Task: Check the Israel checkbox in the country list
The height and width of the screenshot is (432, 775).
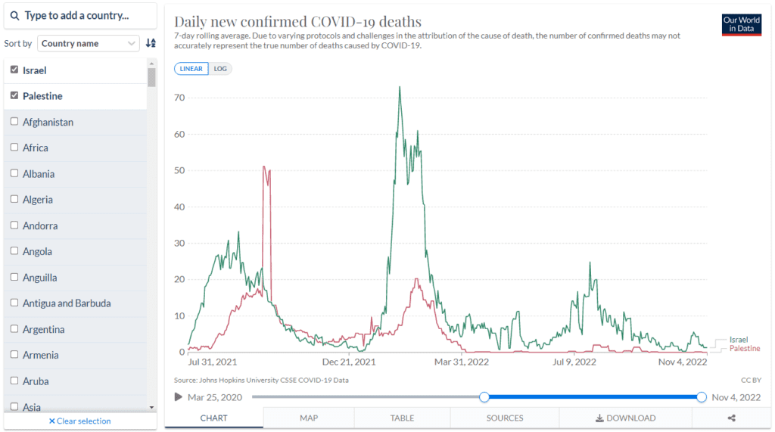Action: (x=14, y=70)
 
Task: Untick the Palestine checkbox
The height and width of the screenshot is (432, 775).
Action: (x=14, y=96)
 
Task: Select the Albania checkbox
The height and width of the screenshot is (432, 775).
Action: (x=14, y=173)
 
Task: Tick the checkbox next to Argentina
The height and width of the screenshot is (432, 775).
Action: (x=14, y=329)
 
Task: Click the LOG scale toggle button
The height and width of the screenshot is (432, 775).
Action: (x=220, y=69)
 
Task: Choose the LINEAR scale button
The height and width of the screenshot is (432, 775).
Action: (x=191, y=69)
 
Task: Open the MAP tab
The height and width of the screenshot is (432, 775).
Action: (x=309, y=418)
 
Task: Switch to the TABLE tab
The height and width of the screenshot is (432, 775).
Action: (x=402, y=418)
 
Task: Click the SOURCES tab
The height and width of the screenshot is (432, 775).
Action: (x=505, y=418)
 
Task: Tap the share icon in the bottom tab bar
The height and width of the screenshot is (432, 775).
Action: (x=732, y=418)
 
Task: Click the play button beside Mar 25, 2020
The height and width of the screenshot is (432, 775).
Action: (x=179, y=397)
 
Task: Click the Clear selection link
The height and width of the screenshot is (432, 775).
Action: (x=79, y=421)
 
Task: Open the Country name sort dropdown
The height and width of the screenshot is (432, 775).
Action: (x=89, y=44)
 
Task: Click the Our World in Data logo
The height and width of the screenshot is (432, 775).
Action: (x=741, y=25)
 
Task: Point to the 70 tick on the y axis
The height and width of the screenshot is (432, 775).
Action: (x=179, y=98)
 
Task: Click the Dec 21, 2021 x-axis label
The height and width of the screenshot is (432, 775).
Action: (x=349, y=362)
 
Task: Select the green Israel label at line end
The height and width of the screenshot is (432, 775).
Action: (x=738, y=340)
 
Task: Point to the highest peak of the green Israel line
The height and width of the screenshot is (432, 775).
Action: (x=400, y=87)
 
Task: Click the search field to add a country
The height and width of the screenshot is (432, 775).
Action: (x=80, y=16)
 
